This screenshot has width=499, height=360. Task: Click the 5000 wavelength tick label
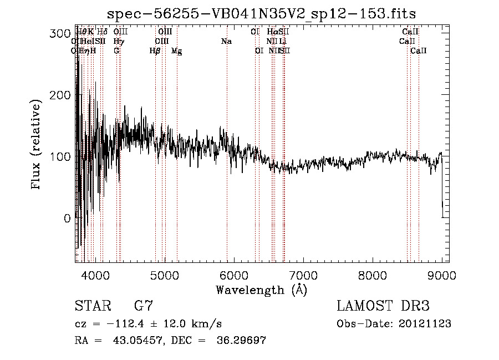coord(164,274)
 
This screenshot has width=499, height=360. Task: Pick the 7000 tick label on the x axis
coord(303,274)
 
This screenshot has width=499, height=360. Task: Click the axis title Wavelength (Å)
coord(261,290)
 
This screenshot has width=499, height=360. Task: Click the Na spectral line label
coord(226,42)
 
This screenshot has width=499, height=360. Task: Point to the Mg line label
coord(176,51)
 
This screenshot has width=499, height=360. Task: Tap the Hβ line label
coord(155,51)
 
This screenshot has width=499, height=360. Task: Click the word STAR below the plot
coord(93,306)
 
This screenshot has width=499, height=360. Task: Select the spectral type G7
coord(144,306)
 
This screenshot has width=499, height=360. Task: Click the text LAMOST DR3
coord(383,306)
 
